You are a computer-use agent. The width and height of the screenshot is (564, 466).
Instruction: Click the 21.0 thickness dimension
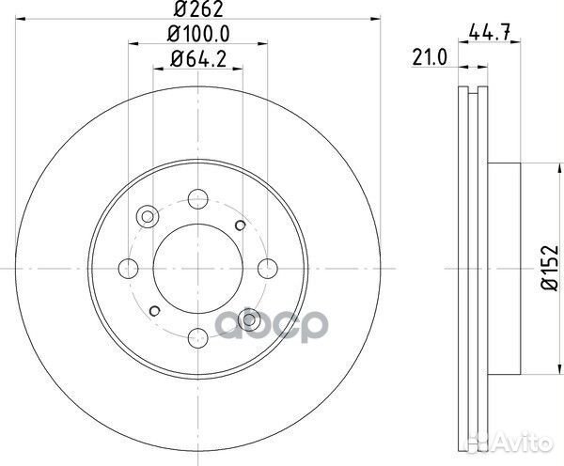pos(428,60)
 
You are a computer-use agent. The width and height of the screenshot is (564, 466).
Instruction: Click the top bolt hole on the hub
pos(196,198)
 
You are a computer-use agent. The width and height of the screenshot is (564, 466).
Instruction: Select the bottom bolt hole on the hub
pos(196,334)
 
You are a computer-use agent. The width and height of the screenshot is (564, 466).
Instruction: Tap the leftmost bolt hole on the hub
pos(129,267)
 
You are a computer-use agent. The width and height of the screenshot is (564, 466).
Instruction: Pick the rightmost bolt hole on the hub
pos(266,267)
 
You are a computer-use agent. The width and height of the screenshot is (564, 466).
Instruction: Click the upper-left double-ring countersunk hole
pos(147,217)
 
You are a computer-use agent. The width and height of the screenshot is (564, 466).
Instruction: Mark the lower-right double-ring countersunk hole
pos(248,318)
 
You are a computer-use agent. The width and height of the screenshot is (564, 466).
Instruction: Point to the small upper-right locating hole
pos(241,225)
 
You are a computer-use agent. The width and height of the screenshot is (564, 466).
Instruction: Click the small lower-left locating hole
pos(152,308)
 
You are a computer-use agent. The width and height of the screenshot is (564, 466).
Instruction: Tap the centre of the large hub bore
pos(196,267)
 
